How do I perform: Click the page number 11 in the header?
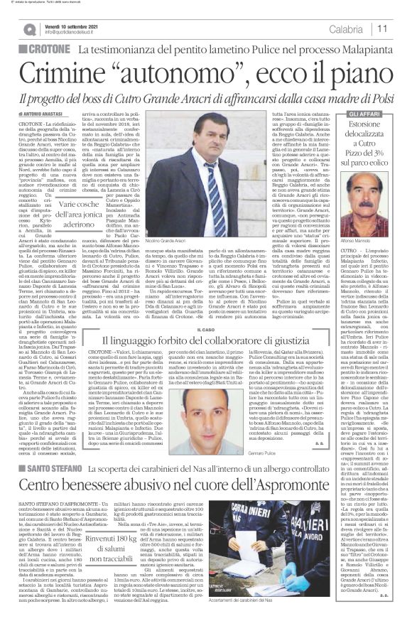point(382,29)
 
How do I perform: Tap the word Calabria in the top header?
point(346,29)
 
